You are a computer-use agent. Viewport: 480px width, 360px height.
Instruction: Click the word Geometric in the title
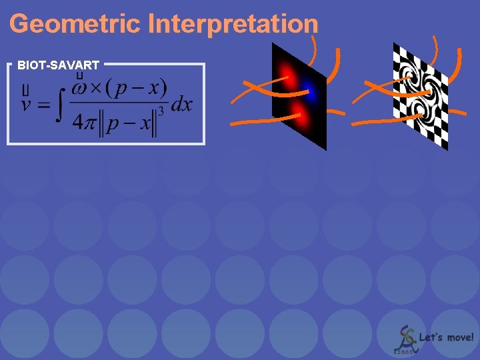[75, 25]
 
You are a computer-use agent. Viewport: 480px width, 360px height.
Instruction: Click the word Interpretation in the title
[233, 25]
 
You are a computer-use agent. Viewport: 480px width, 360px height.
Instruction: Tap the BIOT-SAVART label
[59, 65]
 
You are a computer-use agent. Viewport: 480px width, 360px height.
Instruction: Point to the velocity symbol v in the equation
[27, 105]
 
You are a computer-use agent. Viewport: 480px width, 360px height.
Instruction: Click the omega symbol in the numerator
[79, 88]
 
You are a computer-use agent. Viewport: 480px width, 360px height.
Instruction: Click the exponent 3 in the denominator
[161, 111]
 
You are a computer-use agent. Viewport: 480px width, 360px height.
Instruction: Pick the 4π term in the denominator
[85, 123]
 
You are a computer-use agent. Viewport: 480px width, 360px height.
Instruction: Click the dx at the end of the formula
[181, 105]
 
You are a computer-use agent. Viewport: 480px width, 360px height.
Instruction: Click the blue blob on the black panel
[309, 95]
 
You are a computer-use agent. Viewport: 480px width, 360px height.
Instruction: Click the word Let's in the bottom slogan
[430, 337]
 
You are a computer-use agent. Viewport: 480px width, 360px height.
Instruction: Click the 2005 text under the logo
[404, 351]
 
